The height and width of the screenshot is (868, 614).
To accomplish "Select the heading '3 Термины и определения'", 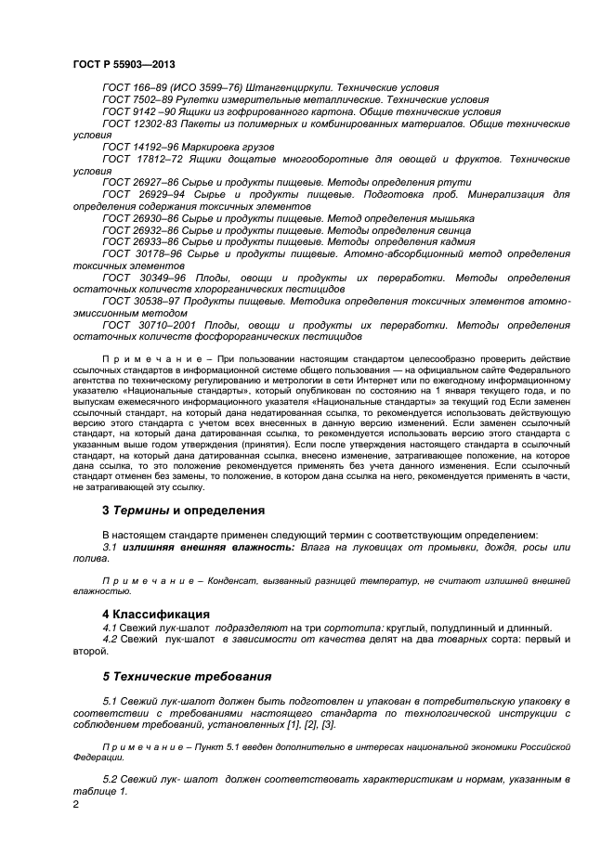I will point(183,510).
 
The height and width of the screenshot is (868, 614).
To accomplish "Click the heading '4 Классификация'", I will point(155,614).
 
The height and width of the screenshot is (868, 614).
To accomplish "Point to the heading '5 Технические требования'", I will point(186,675).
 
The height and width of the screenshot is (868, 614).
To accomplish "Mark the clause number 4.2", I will point(111,640).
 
